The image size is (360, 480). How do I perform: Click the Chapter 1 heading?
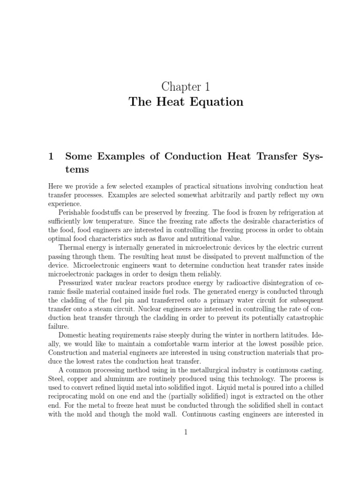coord(186,87)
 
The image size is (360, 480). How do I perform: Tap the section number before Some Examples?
coord(51,157)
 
